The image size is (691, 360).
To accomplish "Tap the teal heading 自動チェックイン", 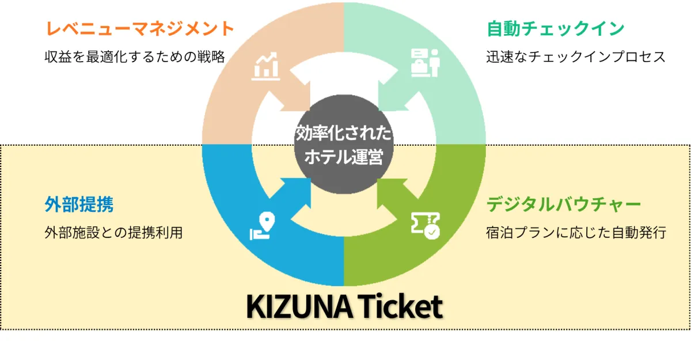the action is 556,28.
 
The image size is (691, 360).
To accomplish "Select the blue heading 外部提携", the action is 79,204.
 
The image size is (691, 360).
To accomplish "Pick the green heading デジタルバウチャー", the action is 564,204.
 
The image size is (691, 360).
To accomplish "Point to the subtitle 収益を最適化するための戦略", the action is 135,57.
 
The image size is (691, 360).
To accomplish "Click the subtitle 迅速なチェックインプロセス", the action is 576,57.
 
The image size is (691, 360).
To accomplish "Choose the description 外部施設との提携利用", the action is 114,232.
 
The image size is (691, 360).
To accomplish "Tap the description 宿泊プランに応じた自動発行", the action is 576,232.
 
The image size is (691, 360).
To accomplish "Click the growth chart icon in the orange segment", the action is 265,66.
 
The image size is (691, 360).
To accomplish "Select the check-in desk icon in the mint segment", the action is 425,63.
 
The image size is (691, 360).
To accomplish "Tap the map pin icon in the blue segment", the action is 263,226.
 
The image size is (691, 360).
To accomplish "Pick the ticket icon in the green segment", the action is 426,225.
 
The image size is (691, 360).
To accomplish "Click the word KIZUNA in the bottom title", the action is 299,306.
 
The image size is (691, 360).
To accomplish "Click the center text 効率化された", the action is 344,133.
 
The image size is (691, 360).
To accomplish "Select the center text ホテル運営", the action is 344,157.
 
